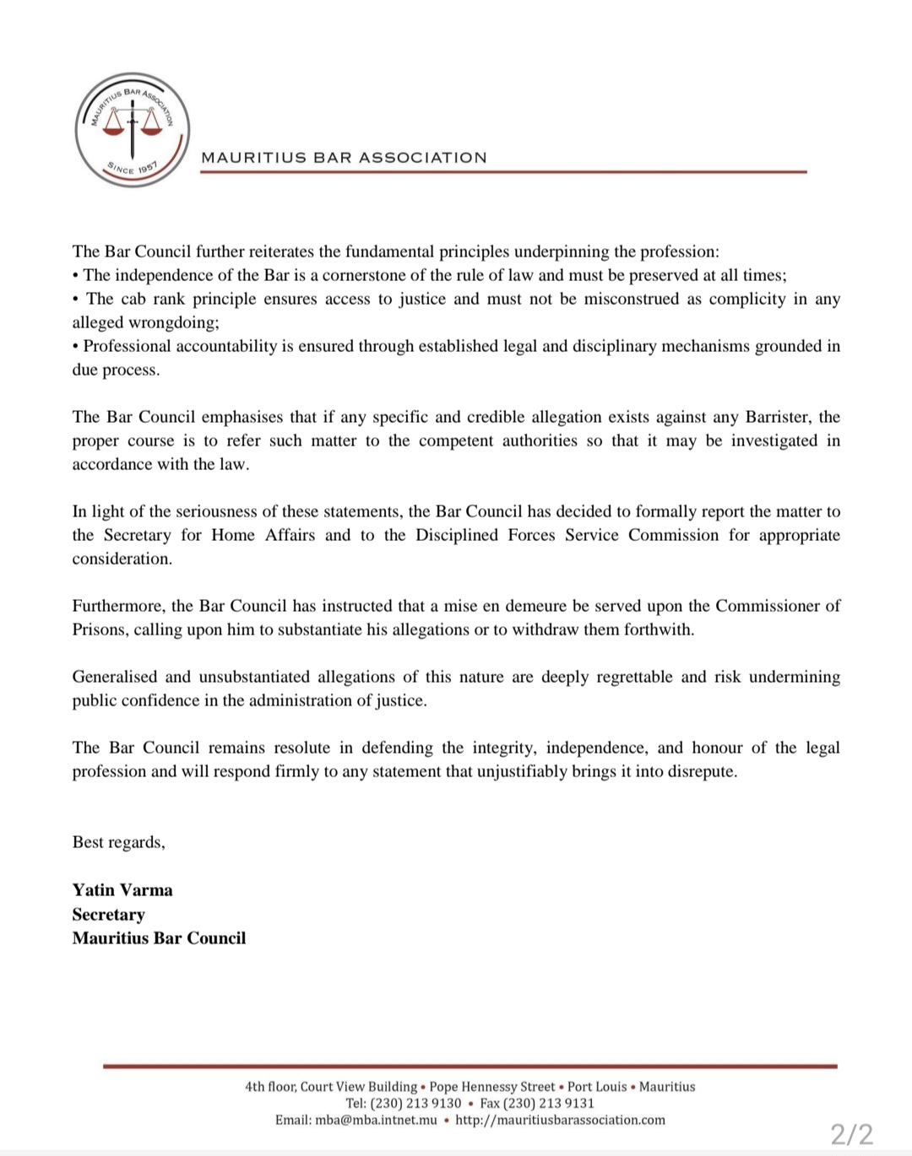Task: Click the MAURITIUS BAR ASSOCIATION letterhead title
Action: (x=344, y=158)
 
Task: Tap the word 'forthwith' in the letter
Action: (x=658, y=629)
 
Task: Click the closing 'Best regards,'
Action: (x=118, y=842)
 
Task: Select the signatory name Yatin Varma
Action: (x=122, y=890)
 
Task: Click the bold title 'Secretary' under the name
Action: (x=108, y=915)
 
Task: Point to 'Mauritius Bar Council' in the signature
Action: (x=159, y=938)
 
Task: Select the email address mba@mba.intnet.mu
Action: (x=376, y=1121)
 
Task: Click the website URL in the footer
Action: (x=560, y=1121)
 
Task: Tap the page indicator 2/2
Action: (x=851, y=1133)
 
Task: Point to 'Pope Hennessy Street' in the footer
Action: (x=492, y=1087)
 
